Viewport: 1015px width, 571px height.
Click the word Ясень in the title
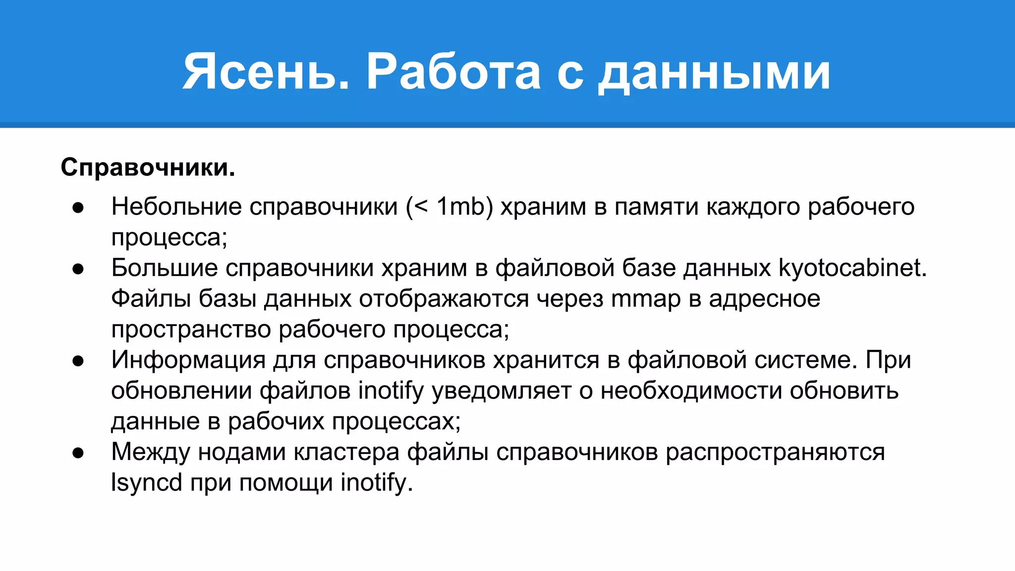[265, 72]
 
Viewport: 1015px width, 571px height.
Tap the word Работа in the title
[453, 72]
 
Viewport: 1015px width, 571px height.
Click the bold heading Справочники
[148, 168]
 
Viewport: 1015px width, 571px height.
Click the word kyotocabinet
[852, 268]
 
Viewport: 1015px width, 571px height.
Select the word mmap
[646, 299]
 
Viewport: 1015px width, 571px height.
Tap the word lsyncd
[147, 482]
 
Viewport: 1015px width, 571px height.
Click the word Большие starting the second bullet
[165, 268]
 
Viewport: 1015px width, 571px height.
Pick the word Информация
[188, 360]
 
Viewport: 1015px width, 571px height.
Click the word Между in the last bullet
[151, 452]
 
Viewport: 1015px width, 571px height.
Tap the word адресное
[764, 299]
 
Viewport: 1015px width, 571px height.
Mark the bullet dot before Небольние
[78, 208]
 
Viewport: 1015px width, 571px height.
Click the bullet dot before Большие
[78, 269]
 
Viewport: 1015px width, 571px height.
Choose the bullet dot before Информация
[78, 361]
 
